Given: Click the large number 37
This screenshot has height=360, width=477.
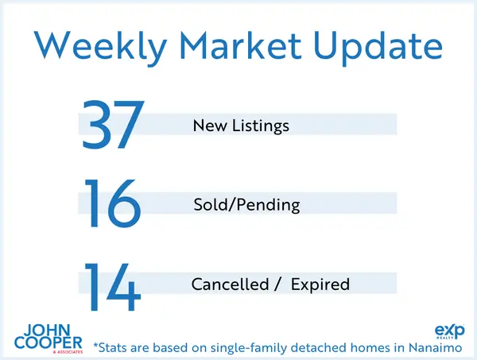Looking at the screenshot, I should tap(112, 125).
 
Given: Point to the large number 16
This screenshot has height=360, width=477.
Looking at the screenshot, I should tap(112, 203).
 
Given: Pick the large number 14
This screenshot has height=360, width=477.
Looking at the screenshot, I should tap(112, 284).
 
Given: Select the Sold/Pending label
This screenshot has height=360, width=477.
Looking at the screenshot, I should tap(246, 205).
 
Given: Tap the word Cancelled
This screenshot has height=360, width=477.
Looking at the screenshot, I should tap(225, 284).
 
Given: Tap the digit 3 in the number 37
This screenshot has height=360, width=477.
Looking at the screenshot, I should tap(97, 125).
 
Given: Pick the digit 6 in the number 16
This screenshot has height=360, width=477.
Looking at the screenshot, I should tap(124, 203).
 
